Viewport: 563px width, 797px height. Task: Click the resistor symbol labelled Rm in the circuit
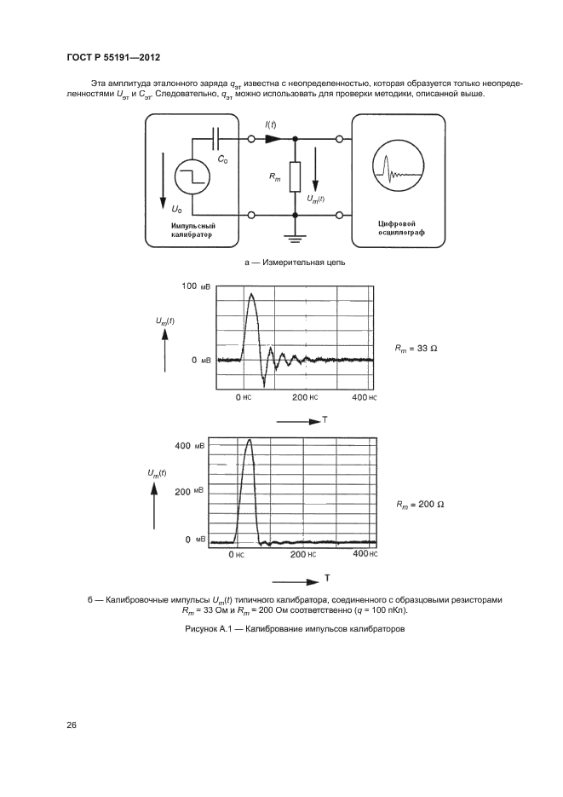(x=294, y=176)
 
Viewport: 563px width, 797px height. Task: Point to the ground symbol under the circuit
(x=294, y=234)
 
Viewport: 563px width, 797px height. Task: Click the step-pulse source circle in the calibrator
(x=192, y=176)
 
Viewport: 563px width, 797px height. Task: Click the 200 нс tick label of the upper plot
(x=305, y=398)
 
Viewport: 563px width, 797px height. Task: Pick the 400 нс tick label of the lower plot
(x=364, y=554)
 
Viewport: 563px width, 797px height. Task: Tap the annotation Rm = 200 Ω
(x=420, y=504)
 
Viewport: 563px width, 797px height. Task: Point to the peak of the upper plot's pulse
(x=250, y=295)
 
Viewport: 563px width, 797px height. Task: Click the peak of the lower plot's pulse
(x=249, y=441)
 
